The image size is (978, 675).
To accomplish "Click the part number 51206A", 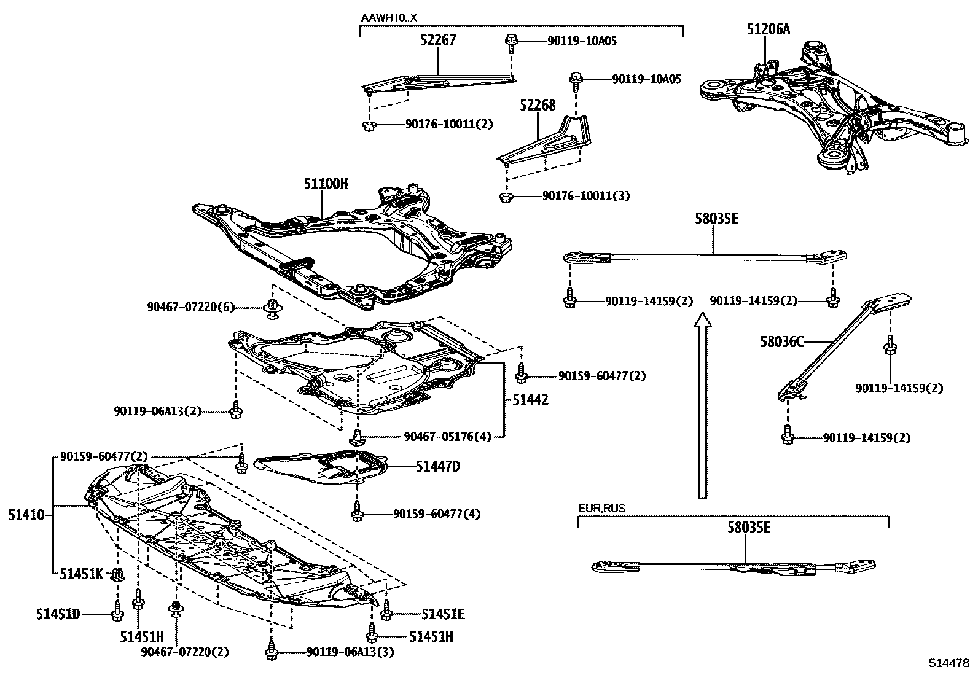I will click(768, 29).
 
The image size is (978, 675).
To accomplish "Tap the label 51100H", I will click(325, 184).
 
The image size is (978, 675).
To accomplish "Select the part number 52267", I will click(439, 41).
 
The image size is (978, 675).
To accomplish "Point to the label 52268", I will click(537, 106).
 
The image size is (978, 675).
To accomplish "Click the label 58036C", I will click(781, 341).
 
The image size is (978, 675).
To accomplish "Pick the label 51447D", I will click(437, 467).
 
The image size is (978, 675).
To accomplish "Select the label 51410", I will click(26, 515).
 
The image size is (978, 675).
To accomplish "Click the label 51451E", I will click(443, 614).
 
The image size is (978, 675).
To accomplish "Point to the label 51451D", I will click(57, 614).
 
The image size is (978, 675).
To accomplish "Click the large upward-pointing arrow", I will click(702, 405).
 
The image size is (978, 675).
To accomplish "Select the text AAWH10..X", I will click(388, 18).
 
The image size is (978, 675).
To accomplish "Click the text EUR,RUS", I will click(601, 509).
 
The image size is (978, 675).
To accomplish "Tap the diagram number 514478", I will click(949, 663).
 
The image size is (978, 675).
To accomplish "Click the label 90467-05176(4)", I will click(447, 437).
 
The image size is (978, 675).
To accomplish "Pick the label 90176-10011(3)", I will click(585, 196).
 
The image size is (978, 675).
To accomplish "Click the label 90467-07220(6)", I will click(190, 306).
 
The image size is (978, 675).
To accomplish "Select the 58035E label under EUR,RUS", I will click(749, 528).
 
